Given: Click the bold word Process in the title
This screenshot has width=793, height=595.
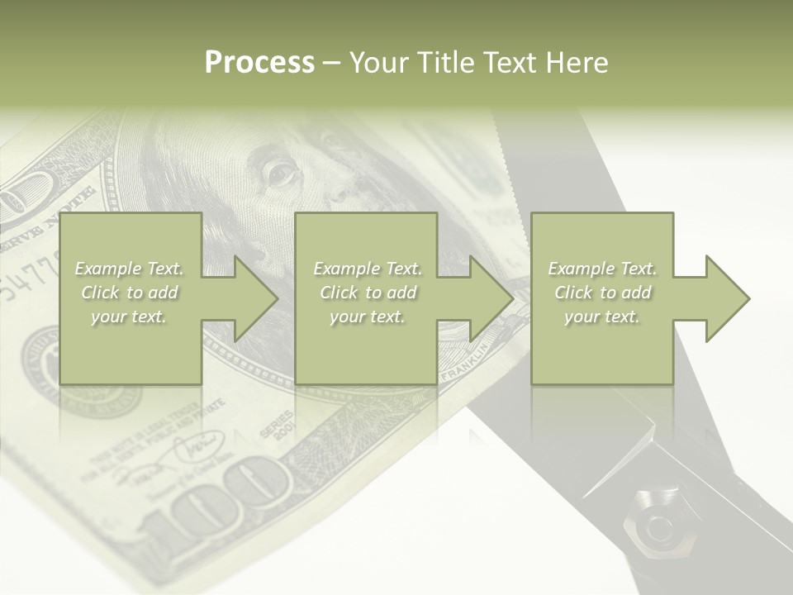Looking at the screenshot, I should click(x=259, y=63).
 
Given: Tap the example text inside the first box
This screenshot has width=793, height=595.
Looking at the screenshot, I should click(x=129, y=293).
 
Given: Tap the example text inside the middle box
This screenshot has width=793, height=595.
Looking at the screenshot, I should click(x=367, y=293).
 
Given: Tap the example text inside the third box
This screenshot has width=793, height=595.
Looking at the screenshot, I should click(x=602, y=293).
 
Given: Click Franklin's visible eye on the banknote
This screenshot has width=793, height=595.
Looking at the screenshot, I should click(x=280, y=173).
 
